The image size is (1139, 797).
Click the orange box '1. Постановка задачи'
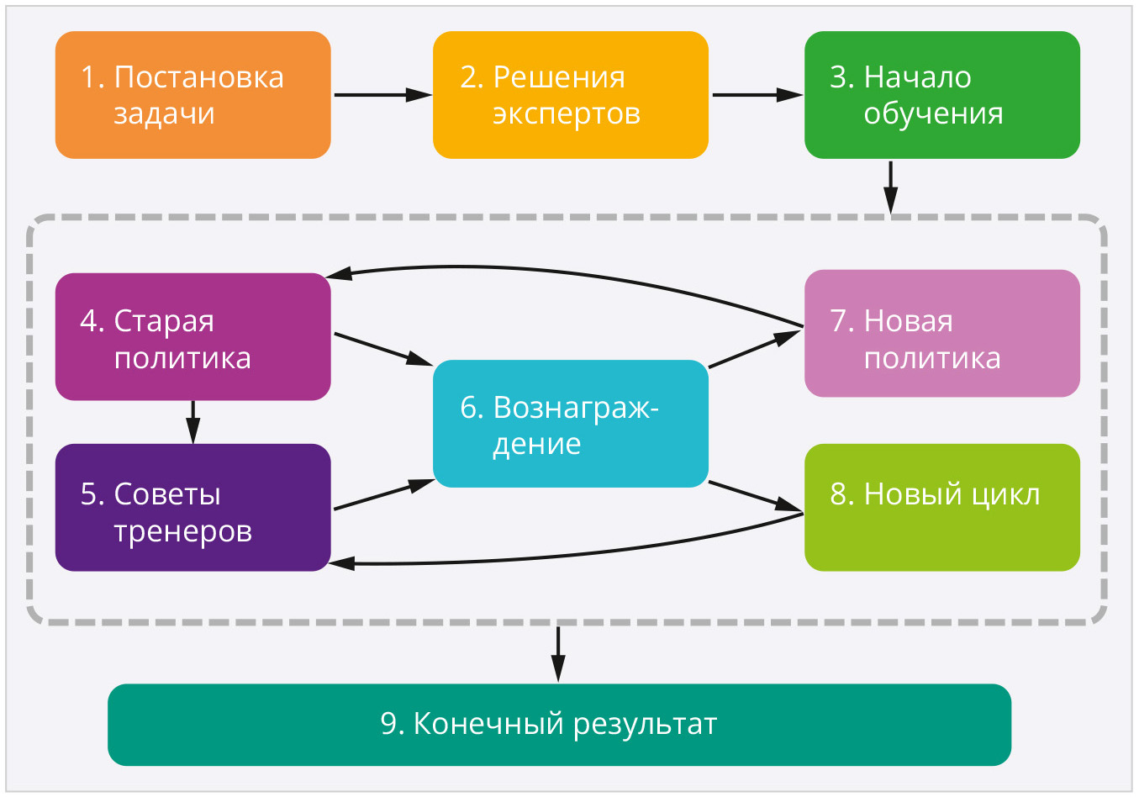[192, 95]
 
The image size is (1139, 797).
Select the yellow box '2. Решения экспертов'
[570, 95]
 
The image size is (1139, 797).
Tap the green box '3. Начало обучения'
[941, 95]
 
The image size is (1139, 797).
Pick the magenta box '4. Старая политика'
[192, 337]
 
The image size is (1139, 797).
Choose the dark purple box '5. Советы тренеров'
[192, 508]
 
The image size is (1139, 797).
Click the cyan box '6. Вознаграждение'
[570, 424]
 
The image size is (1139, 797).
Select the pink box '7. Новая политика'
[941, 334]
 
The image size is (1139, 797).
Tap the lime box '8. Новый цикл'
[941, 508]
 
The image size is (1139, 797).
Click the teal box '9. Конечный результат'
[559, 725]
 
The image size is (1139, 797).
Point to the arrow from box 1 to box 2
[382, 95]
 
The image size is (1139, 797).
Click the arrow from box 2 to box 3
[757, 95]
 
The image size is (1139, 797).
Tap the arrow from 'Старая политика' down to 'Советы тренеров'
[192, 421]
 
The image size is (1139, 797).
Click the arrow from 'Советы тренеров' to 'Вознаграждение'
[383, 495]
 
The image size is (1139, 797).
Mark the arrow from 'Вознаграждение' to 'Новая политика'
[755, 349]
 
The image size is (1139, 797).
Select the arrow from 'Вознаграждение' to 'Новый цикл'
[755, 496]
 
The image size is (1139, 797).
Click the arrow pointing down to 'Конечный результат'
[558, 653]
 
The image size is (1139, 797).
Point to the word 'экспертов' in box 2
[567, 113]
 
